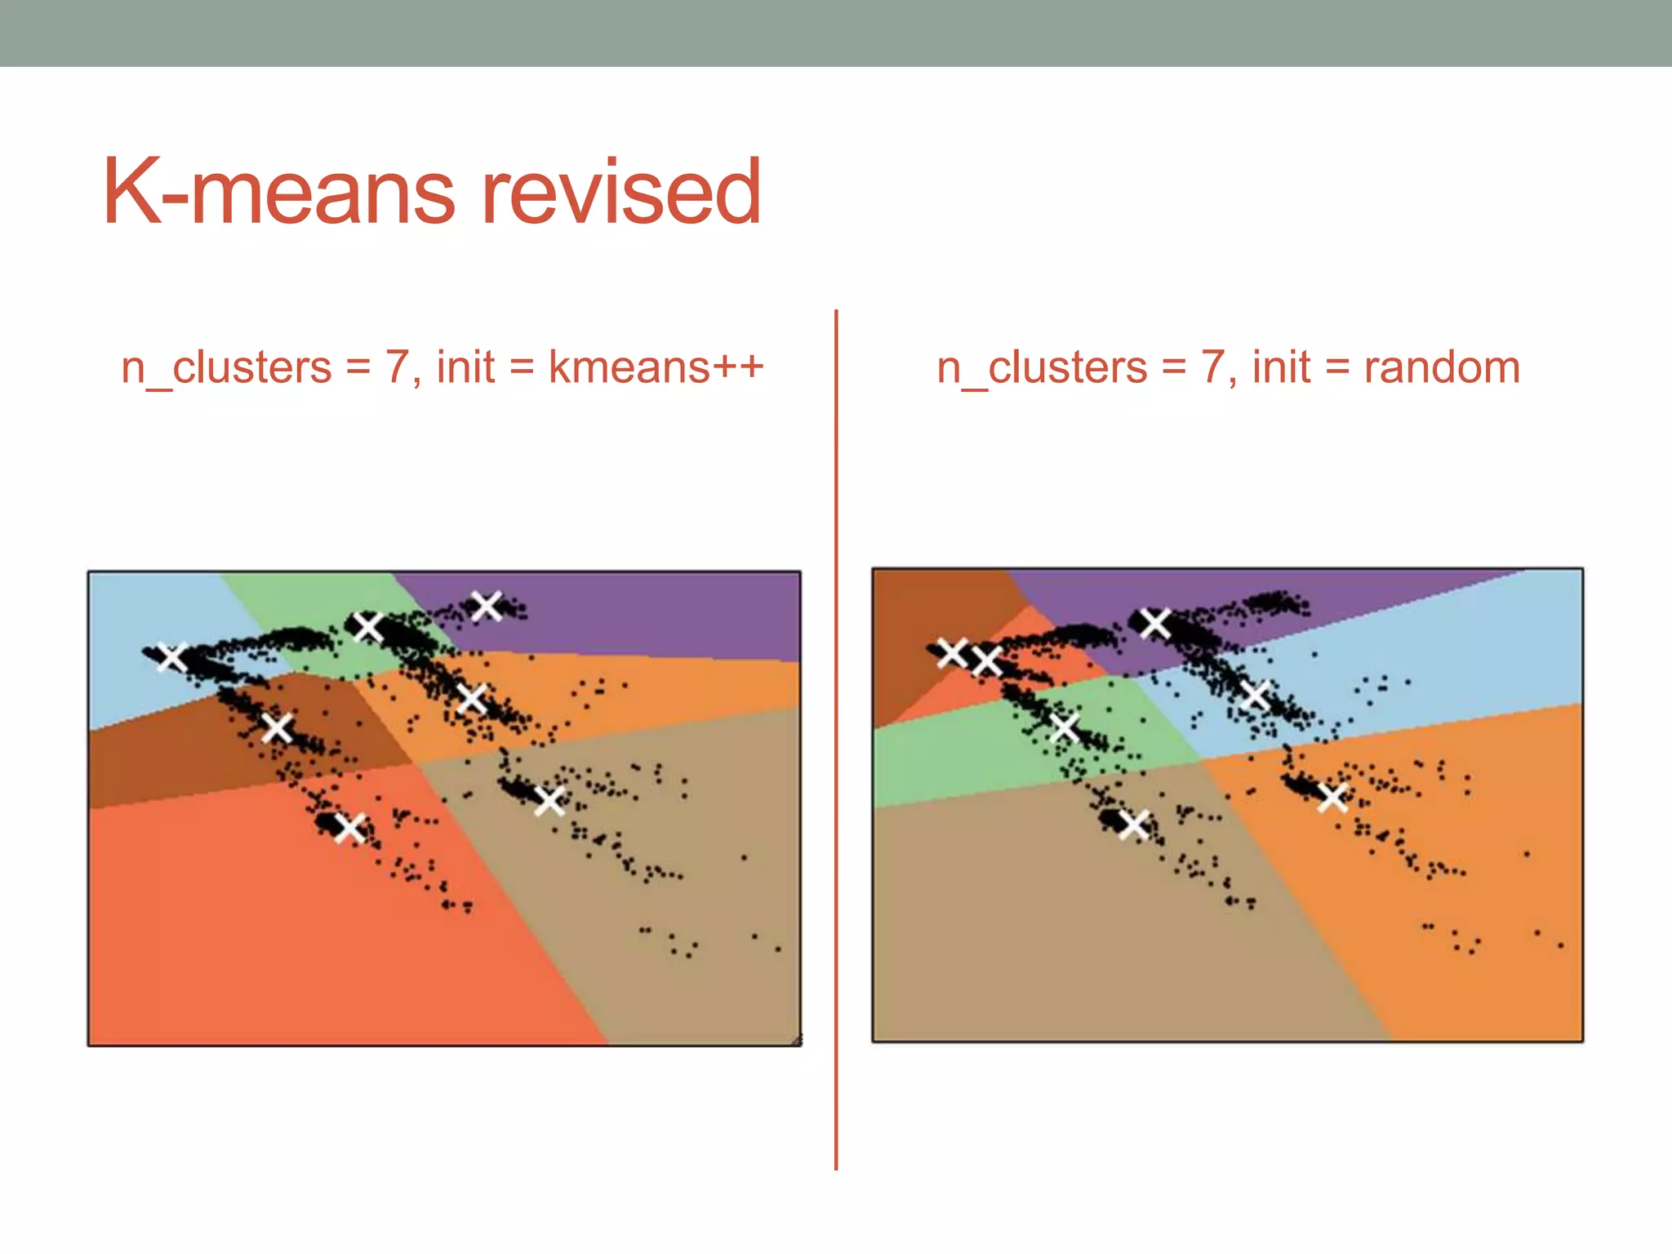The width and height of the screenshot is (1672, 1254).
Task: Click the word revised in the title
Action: coord(622,193)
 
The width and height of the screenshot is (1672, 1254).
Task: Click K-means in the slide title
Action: coord(278,193)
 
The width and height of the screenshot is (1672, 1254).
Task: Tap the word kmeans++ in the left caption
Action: coord(656,367)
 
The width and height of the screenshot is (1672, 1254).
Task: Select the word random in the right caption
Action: coord(1442,367)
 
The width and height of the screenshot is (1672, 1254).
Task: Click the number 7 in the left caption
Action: coord(397,367)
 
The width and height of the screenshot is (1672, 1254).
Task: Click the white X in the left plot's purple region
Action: coord(487,606)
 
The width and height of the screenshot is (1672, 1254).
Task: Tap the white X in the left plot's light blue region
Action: coord(172,656)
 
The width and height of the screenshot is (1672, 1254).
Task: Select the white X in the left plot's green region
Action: coord(369,627)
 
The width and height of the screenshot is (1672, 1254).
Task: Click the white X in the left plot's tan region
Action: coord(549,800)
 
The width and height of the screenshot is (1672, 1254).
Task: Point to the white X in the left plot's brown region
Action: coord(278,727)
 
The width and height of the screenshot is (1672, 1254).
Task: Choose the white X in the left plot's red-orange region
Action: coord(350,828)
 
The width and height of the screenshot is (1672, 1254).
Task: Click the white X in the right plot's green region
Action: coord(1065,727)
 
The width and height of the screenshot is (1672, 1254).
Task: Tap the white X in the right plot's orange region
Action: coord(1332,797)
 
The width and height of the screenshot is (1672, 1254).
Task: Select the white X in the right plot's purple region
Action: coord(1155,623)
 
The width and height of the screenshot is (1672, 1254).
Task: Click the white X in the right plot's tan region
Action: coord(1134,825)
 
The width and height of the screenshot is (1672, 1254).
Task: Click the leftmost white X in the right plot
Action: coord(952,652)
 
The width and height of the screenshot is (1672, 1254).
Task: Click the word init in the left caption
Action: coord(465,367)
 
